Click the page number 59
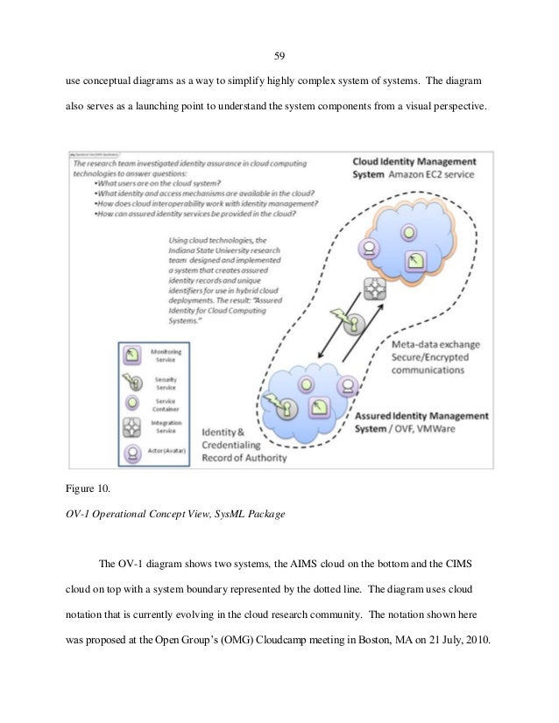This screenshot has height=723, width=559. click(279, 57)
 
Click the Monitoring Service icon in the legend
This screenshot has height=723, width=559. click(133, 354)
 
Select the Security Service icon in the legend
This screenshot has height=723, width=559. click(133, 381)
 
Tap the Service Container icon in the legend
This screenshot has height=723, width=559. click(133, 404)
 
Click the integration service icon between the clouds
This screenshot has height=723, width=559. click(377, 289)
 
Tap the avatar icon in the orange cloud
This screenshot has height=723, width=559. click(371, 248)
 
